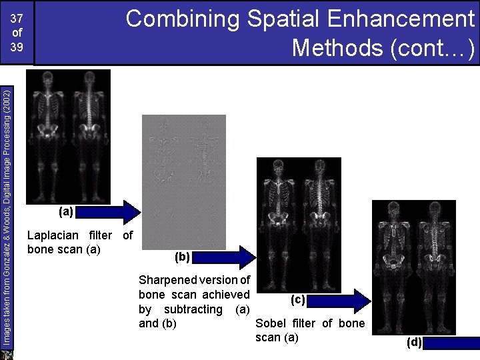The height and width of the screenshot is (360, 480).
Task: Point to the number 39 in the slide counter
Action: tap(16, 48)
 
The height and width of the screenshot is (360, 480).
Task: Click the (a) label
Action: tap(65, 212)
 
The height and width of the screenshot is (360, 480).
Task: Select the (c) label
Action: tap(297, 299)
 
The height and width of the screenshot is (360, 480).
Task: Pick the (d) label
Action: tap(414, 343)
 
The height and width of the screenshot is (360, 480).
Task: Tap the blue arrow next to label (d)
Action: tap(451, 344)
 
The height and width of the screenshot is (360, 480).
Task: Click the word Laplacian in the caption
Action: tap(51, 235)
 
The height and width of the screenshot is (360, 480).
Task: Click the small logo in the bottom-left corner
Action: tap(7, 354)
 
